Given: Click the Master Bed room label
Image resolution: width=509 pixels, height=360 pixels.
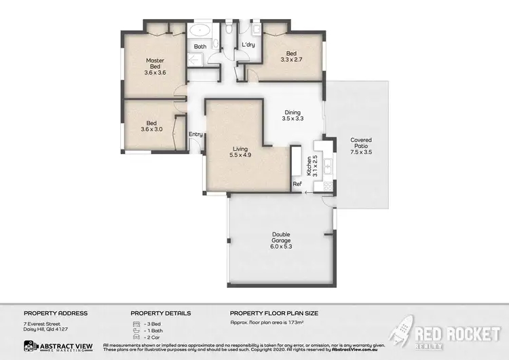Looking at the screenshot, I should pyautogui.click(x=155, y=63).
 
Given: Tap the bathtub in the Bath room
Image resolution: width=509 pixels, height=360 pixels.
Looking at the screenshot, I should pyautogui.click(x=200, y=31).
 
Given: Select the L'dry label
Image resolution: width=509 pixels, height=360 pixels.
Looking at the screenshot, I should pyautogui.click(x=248, y=46).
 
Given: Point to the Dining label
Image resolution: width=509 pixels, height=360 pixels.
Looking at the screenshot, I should pyautogui.click(x=292, y=113).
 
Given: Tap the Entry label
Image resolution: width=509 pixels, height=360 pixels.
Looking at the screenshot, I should pyautogui.click(x=195, y=134).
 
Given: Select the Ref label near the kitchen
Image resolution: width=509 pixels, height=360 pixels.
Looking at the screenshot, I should pyautogui.click(x=297, y=184).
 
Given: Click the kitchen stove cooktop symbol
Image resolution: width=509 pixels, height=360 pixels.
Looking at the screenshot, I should pyautogui.click(x=326, y=185).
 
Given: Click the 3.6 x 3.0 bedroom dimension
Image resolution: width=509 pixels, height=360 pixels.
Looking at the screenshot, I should pyautogui.click(x=151, y=129).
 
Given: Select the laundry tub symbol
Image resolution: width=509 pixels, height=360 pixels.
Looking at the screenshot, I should pyautogui.click(x=257, y=30).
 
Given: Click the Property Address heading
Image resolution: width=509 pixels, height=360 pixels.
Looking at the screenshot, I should pyautogui.click(x=56, y=313).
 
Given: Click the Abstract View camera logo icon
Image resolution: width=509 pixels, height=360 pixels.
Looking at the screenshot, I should pyautogui.click(x=30, y=346).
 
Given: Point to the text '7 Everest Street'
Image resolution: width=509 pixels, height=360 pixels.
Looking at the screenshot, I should pyautogui.click(x=43, y=324).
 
